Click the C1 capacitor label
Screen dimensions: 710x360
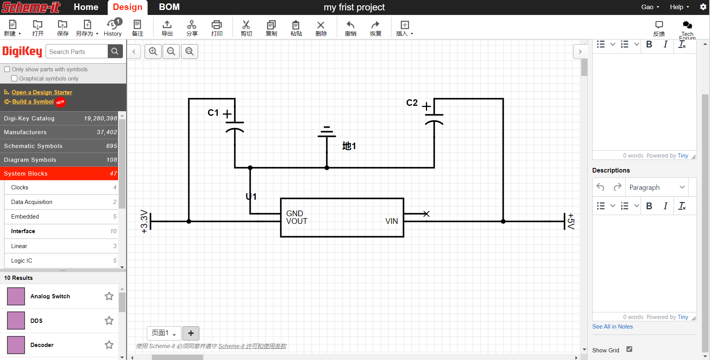click(x=213, y=113)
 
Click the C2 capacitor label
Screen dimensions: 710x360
click(x=412, y=103)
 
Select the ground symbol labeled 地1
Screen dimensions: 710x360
click(x=327, y=132)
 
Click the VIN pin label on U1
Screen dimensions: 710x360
click(x=391, y=221)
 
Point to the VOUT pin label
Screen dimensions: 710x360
click(x=297, y=221)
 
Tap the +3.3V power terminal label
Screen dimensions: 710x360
click(x=144, y=221)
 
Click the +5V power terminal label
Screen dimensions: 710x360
click(x=571, y=221)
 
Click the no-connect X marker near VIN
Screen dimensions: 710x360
click(x=426, y=214)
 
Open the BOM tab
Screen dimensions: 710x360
click(x=169, y=7)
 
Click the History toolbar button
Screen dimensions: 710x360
click(x=113, y=28)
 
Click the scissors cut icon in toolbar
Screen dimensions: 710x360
click(x=246, y=25)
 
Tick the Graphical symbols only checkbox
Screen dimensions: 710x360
click(x=14, y=78)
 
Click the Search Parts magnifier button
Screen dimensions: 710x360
click(x=115, y=51)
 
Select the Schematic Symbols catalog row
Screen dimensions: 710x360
click(x=59, y=146)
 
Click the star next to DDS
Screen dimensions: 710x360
click(x=109, y=321)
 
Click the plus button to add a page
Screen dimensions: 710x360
click(x=191, y=333)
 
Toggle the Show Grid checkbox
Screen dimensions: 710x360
click(x=629, y=349)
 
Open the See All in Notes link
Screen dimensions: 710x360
click(x=612, y=327)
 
